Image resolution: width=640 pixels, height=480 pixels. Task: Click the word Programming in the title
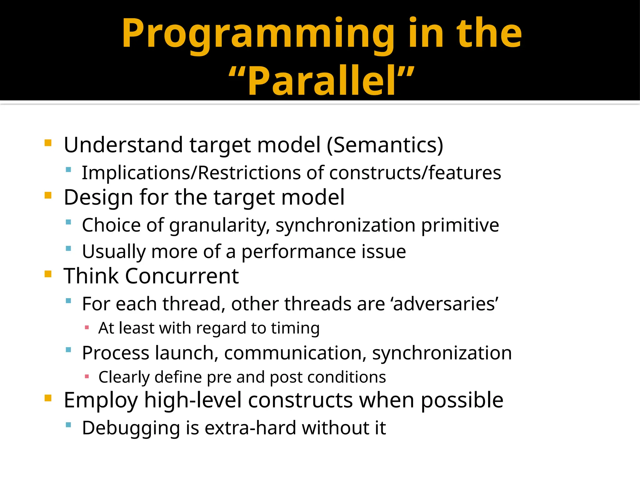(x=258, y=34)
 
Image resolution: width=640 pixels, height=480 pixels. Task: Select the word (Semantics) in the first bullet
(x=385, y=145)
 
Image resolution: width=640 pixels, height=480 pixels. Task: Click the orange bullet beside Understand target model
(x=48, y=143)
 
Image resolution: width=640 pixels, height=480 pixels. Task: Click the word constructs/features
(x=415, y=173)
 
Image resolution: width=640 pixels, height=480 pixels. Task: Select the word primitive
(x=460, y=226)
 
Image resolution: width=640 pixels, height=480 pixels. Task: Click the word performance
(x=299, y=252)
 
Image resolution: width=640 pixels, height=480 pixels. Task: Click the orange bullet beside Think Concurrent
(x=48, y=274)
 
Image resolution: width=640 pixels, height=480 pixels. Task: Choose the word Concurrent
(x=182, y=276)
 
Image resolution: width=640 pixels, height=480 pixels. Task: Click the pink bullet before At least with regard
(x=87, y=328)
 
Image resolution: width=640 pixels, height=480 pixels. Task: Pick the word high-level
(x=192, y=400)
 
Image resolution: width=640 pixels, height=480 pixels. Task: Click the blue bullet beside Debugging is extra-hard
(x=68, y=425)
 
